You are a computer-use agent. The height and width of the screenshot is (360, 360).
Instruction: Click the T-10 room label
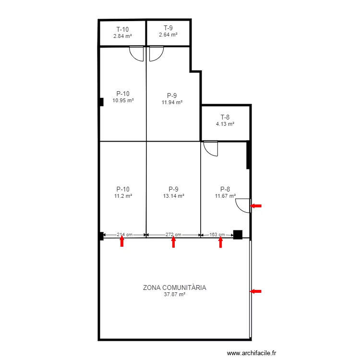[122, 29]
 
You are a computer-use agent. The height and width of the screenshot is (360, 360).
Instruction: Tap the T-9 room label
[168, 28]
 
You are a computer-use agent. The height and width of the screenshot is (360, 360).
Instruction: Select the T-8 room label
[225, 117]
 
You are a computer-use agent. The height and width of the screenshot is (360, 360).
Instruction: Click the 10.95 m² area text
[123, 101]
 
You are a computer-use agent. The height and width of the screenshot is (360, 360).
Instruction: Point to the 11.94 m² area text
[172, 102]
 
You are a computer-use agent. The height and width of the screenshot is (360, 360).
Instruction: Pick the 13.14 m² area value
[173, 196]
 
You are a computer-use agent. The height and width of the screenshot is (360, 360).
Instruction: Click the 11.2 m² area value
[123, 196]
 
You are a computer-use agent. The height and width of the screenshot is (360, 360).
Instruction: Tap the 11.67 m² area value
[225, 196]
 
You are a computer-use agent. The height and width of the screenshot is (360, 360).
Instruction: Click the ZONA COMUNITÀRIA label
[174, 288]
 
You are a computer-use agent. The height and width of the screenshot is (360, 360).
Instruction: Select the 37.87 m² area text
[174, 295]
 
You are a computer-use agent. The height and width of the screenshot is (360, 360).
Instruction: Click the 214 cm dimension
[124, 235]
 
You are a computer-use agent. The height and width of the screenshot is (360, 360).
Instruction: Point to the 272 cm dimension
[173, 235]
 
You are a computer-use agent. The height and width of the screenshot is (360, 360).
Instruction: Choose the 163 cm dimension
[217, 235]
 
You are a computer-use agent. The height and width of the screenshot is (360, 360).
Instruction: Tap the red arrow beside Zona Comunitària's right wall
[256, 291]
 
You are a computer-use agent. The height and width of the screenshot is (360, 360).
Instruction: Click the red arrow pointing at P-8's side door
[256, 206]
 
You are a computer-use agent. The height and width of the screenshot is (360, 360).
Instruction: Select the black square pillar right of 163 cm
[238, 235]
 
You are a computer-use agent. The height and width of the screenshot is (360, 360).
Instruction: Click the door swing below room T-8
[211, 148]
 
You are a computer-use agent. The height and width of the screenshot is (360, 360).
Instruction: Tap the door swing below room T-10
[137, 53]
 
